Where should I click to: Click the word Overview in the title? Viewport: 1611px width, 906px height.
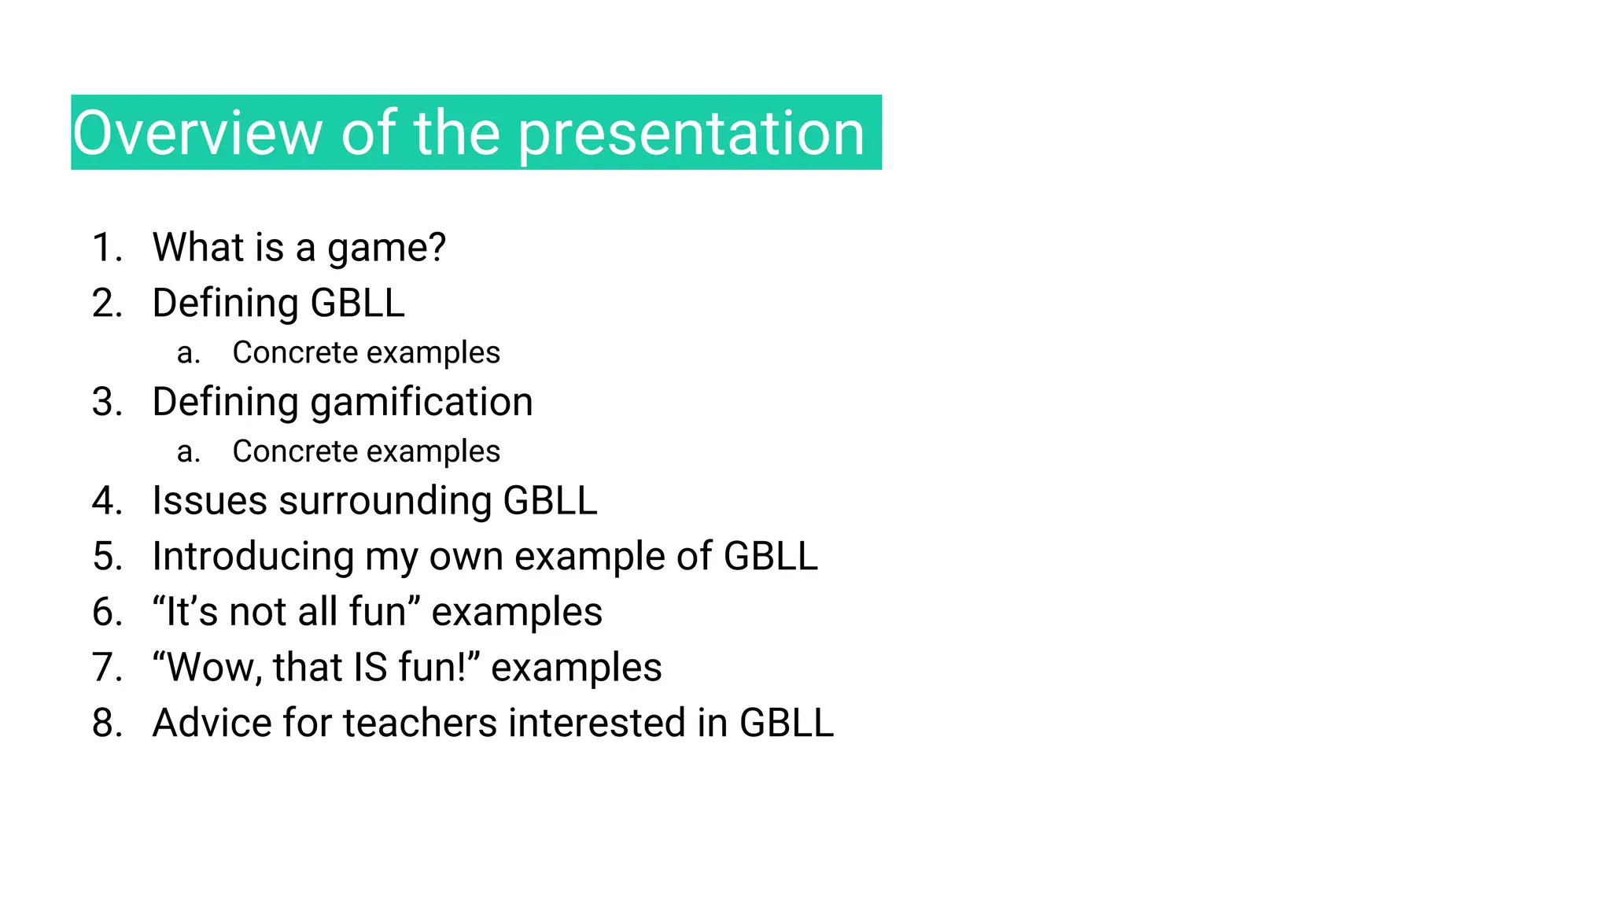click(x=197, y=133)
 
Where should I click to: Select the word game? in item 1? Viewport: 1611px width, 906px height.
click(x=386, y=248)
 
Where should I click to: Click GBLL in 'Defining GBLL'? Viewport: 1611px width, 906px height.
click(x=357, y=304)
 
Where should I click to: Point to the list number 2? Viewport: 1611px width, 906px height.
click(x=107, y=304)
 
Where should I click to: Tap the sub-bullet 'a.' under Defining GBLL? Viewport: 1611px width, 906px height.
click(x=188, y=353)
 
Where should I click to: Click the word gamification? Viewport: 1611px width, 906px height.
click(x=422, y=403)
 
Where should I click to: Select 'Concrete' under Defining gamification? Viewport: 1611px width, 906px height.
click(x=284, y=451)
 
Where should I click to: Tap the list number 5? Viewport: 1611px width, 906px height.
click(x=107, y=557)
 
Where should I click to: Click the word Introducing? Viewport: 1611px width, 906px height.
click(x=253, y=557)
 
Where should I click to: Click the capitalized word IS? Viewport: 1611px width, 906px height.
click(x=370, y=668)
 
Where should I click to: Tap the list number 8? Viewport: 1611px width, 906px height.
click(x=107, y=724)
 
